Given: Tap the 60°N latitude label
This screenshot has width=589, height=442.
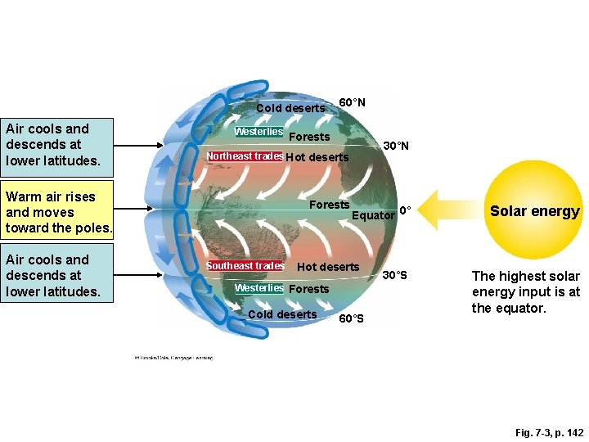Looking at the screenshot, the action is pos(352,102).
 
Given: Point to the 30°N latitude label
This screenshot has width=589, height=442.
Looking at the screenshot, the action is pos(396,146).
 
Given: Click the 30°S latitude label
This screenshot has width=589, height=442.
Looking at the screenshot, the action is pos(396,275).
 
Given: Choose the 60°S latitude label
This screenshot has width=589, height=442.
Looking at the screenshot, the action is pos(351,318).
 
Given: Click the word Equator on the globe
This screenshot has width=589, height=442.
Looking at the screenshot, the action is pos(373,215).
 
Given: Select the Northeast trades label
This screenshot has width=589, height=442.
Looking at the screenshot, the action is pos(245,156).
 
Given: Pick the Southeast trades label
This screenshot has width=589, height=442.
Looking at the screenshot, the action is pos(245,266).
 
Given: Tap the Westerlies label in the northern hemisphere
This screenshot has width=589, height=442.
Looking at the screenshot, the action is pos(259,132).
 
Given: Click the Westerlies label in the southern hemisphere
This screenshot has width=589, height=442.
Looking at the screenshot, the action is pos(259,288).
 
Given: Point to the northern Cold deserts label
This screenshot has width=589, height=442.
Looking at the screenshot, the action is pos(290,108).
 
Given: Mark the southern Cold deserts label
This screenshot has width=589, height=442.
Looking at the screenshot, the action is pos(282,314).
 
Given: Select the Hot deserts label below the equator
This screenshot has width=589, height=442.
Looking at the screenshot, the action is pos(328,267).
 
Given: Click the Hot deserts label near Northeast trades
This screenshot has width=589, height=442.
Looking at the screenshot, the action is pos(317,157).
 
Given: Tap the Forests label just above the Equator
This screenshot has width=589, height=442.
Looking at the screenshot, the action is pos(329,205).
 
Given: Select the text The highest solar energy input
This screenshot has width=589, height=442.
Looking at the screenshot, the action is pos(526,292).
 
